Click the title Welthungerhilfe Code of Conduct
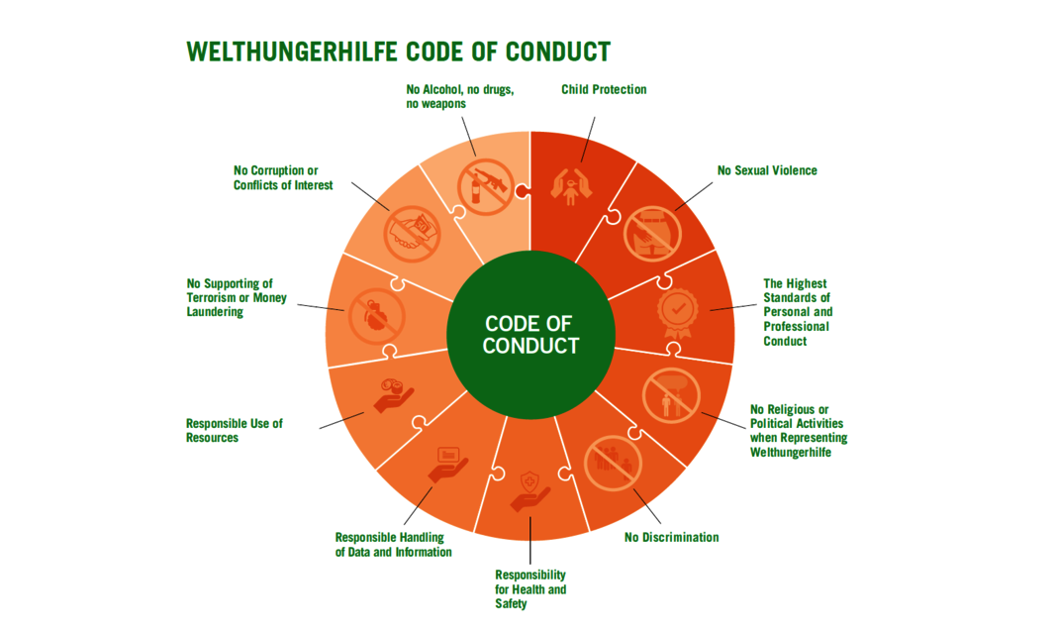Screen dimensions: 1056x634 pos(398,52)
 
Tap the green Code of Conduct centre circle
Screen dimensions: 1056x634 pos(530,334)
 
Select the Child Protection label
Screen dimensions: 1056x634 pos(604,89)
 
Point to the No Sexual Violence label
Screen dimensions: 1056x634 pos(767,170)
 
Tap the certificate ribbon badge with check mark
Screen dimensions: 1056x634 pos(678,313)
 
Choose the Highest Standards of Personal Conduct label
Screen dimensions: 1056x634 pos(798,312)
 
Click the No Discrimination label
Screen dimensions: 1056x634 pos(671,537)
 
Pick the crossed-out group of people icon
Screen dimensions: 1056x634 pos(613,463)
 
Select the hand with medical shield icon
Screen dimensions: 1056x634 pos(530,491)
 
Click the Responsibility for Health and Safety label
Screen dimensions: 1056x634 pos(530,588)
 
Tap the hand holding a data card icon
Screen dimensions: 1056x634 pos(448,465)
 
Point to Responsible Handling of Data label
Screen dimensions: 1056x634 pos(393,545)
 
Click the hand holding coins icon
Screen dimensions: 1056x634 pos(393,395)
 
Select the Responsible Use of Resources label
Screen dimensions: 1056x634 pos(235,431)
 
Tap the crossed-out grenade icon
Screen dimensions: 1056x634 pos(376,317)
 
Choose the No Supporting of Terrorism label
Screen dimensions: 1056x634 pos(237,297)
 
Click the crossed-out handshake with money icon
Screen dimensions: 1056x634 pos(412,234)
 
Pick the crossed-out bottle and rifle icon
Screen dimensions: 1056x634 pos(486,187)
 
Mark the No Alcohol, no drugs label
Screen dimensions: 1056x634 pos(460,96)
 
